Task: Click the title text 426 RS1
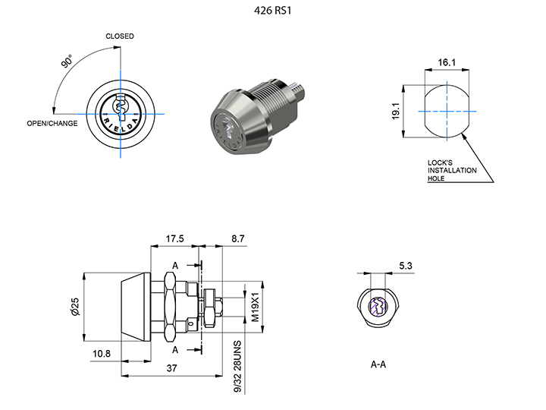(273, 12)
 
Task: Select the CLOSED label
(120, 36)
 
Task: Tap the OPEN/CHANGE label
(52, 123)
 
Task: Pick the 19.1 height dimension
(406, 111)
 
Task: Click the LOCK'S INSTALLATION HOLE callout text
(453, 171)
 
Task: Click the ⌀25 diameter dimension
(75, 306)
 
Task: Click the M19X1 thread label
(255, 306)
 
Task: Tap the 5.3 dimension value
(406, 266)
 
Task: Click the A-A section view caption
(378, 365)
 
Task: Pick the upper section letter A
(175, 265)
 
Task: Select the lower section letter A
(175, 349)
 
